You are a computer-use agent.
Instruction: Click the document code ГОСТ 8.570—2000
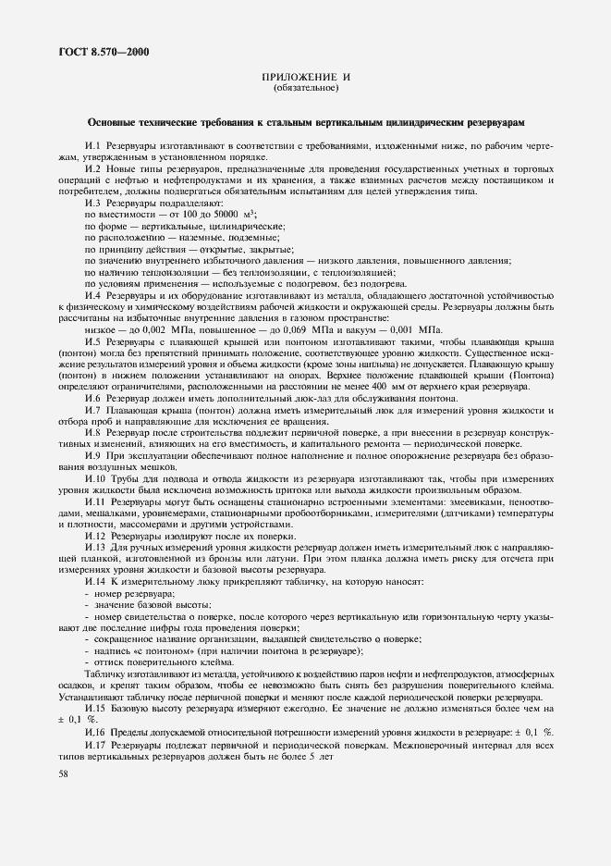[x=92, y=53]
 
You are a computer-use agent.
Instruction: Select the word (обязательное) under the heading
[x=306, y=89]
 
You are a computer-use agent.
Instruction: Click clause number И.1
[x=92, y=146]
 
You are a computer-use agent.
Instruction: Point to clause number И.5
[x=92, y=342]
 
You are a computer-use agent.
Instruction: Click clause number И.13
[x=96, y=548]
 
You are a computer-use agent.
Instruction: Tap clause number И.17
[x=96, y=745]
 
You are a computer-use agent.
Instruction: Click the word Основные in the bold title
[x=116, y=122]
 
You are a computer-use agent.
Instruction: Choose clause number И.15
[x=96, y=707]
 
